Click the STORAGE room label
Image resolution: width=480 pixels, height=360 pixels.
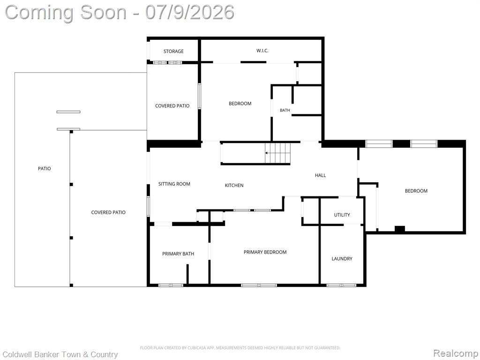[173, 52]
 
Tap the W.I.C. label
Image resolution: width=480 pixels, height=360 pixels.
[262, 51]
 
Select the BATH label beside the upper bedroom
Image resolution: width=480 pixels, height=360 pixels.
[285, 110]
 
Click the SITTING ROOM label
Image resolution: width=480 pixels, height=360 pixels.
[174, 184]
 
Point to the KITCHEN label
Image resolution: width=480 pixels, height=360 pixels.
[234, 185]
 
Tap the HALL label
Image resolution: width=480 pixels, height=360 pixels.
[321, 175]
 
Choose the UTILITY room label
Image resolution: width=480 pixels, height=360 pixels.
[342, 215]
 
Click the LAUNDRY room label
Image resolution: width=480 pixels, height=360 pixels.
[342, 259]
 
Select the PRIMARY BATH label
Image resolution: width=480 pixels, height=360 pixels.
[178, 254]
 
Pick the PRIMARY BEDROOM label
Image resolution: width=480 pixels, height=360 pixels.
[265, 252]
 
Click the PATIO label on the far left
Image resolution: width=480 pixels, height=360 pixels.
[45, 169]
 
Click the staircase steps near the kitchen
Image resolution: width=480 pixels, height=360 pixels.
[277, 153]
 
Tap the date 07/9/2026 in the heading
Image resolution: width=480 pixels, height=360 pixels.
[190, 12]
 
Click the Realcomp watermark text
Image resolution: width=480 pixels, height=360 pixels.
[456, 353]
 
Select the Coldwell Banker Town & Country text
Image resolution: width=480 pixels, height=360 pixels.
[60, 354]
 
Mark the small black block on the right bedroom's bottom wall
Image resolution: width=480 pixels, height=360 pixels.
[400, 229]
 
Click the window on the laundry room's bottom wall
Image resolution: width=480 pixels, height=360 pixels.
[341, 285]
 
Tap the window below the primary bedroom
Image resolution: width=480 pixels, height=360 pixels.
[259, 285]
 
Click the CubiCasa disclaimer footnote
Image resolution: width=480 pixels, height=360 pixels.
[240, 348]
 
